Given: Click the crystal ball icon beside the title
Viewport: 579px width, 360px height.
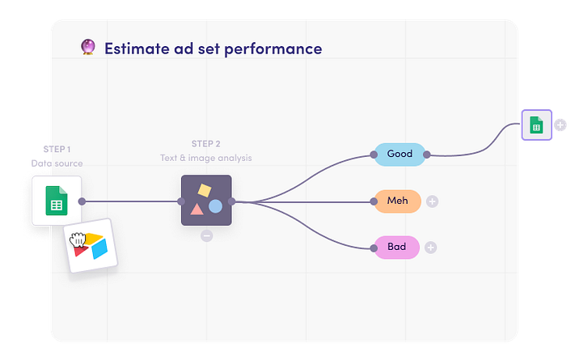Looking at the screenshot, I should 89,48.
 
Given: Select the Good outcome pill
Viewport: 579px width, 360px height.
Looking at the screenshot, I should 399,154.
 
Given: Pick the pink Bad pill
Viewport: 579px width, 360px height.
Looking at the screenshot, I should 397,247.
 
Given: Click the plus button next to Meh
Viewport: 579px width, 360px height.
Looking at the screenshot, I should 432,201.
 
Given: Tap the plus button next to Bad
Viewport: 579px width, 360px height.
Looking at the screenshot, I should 430,248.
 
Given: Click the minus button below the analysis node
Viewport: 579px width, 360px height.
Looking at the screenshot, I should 206,235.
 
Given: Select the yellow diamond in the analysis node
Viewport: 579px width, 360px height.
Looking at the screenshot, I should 205,191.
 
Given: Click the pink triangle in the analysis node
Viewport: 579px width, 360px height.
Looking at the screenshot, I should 197,210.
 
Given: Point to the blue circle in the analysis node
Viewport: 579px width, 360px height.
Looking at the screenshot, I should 215,206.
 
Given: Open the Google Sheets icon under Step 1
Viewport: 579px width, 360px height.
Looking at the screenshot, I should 57,200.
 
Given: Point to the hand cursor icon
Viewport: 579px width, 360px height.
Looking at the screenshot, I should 78,239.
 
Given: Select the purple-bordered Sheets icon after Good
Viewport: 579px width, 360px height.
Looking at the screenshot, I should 535,125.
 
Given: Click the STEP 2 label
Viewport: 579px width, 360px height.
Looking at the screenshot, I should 205,143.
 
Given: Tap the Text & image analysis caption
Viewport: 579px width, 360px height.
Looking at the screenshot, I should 205,158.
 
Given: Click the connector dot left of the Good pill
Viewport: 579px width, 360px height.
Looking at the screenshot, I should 374,155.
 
